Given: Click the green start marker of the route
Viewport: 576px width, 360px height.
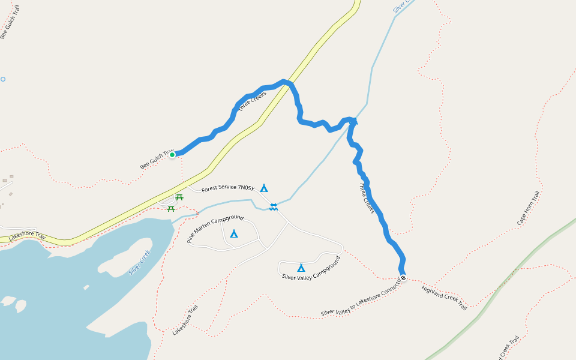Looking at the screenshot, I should (x=172, y=155).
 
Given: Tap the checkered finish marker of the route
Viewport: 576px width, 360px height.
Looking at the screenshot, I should (x=403, y=278).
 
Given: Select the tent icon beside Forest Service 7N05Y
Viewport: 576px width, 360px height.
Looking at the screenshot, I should (x=264, y=188).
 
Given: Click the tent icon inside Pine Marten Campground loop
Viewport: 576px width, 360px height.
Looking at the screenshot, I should (x=234, y=233).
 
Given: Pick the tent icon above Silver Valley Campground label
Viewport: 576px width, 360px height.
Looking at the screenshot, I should (x=301, y=268).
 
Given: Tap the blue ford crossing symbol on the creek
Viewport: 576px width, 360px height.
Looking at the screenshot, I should (x=274, y=206).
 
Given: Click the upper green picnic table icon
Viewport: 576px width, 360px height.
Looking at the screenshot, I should (x=179, y=197).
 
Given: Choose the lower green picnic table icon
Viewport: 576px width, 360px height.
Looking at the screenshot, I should (x=171, y=208).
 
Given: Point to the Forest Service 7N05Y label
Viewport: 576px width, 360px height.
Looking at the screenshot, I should (x=228, y=189).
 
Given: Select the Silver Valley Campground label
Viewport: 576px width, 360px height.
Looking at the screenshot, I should (x=311, y=269).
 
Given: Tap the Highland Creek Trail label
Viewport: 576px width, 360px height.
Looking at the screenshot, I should (x=444, y=298).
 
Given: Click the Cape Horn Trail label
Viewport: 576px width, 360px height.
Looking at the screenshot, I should (x=529, y=208).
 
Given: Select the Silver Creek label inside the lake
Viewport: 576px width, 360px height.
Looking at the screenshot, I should (x=139, y=262).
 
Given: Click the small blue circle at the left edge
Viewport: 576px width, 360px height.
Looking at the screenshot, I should (x=3, y=79).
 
